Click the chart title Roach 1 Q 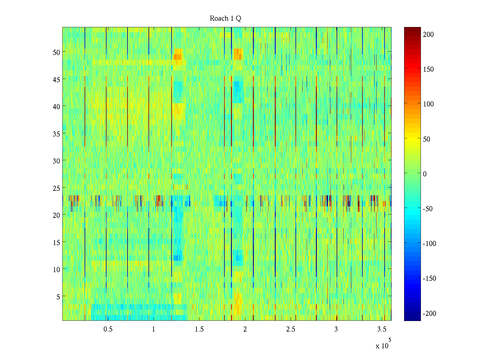pos(225,19)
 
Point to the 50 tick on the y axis pos(56,52)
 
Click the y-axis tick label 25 pos(56,188)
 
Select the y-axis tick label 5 pos(58,297)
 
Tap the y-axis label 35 pos(56,134)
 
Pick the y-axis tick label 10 pos(56,270)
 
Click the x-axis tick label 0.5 pos(108,329)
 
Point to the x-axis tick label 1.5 pos(199,329)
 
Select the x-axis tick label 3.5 pos(382,329)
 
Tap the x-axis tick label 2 pos(245,329)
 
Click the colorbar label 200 pos(428,34)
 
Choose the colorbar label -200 pos(430,314)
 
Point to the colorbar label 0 pos(425,174)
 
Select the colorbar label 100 pos(428,104)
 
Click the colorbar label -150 pos(430,279)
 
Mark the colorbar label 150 pos(428,69)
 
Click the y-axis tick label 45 pos(56,79)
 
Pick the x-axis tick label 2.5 pos(291,329)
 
